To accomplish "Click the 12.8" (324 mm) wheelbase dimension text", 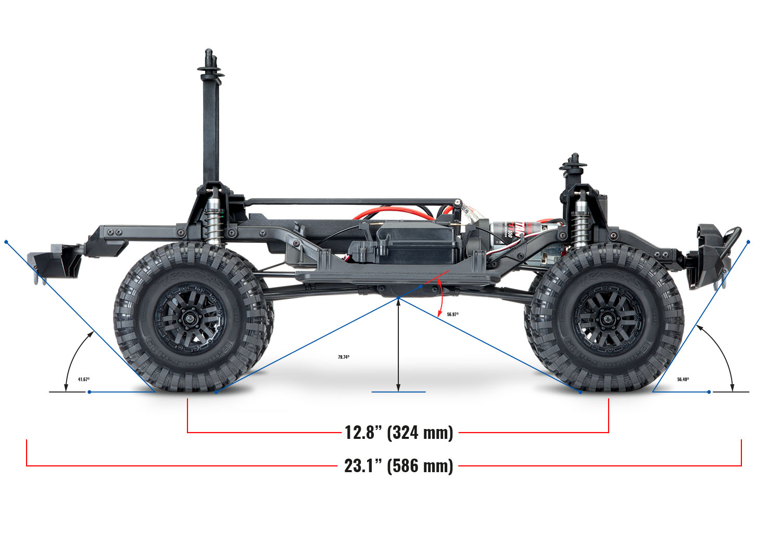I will tap(399, 432).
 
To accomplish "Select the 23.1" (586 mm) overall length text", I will tap(398, 465).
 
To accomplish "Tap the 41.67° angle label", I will tap(84, 380).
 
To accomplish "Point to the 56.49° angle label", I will tap(683, 380).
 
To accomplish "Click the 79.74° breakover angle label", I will tap(344, 357).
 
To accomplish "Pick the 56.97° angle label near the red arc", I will tap(452, 315).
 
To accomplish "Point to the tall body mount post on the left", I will tap(210, 120).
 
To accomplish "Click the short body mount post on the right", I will tap(574, 172).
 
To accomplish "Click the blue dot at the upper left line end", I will tap(6, 242).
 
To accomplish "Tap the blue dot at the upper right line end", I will tap(748, 242).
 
